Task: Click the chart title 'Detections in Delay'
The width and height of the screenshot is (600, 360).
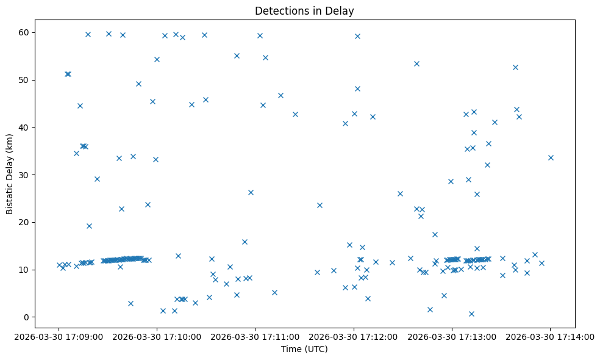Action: click(304, 11)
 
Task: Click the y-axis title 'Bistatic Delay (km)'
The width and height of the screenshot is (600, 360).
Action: click(10, 174)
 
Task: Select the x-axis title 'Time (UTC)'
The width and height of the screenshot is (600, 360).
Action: click(304, 349)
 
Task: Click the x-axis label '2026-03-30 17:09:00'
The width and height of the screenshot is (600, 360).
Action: click(59, 336)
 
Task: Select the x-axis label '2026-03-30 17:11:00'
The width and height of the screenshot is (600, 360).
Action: click(255, 336)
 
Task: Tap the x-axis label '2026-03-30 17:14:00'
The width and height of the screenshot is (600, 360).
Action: click(550, 336)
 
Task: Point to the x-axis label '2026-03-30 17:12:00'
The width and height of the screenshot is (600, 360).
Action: click(353, 336)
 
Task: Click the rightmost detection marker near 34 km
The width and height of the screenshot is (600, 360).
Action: click(551, 157)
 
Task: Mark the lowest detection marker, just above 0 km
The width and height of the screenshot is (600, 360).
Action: click(471, 314)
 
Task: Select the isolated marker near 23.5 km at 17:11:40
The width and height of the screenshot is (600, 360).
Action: click(320, 205)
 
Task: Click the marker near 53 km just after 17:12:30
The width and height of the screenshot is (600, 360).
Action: click(416, 63)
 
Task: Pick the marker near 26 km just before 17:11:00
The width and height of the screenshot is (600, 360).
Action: click(251, 192)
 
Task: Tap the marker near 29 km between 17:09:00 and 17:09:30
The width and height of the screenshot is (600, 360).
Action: click(97, 179)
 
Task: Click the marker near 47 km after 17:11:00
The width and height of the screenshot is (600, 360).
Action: click(280, 95)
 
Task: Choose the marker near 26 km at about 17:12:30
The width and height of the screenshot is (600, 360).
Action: click(400, 193)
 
